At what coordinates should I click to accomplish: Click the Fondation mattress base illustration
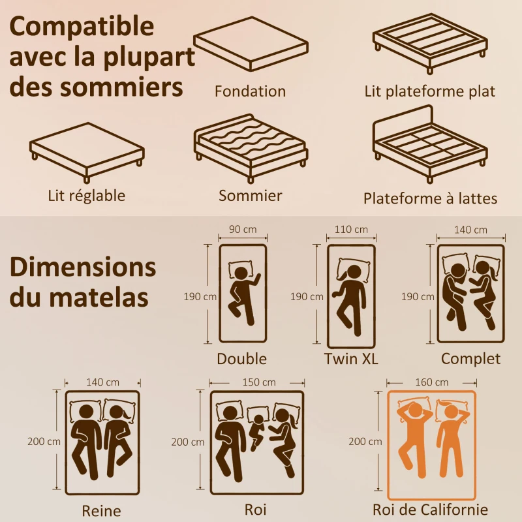coord(251,50)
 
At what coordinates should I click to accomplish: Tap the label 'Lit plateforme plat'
coord(430,91)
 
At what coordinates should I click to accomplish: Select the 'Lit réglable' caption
coord(86,194)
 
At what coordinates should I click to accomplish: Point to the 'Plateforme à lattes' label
coord(430,198)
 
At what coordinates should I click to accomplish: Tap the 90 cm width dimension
coord(243,229)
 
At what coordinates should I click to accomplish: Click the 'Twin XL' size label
coord(351,359)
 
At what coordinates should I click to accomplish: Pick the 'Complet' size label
coord(470,358)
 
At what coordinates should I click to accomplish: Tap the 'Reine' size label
coord(101,510)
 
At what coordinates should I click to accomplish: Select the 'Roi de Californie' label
coord(430,510)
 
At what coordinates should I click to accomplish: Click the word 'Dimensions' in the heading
coord(83,268)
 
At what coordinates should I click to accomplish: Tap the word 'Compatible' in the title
coord(82,27)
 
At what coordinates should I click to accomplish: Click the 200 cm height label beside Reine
coord(44,441)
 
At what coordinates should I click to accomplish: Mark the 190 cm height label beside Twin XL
coord(307,296)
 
